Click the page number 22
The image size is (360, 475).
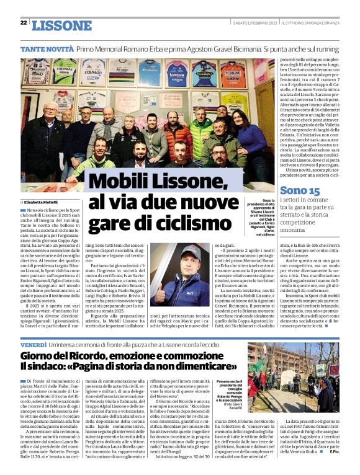[x=24, y=23]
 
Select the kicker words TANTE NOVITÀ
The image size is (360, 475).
[x=47, y=48]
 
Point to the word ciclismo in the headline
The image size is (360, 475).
[x=192, y=222]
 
